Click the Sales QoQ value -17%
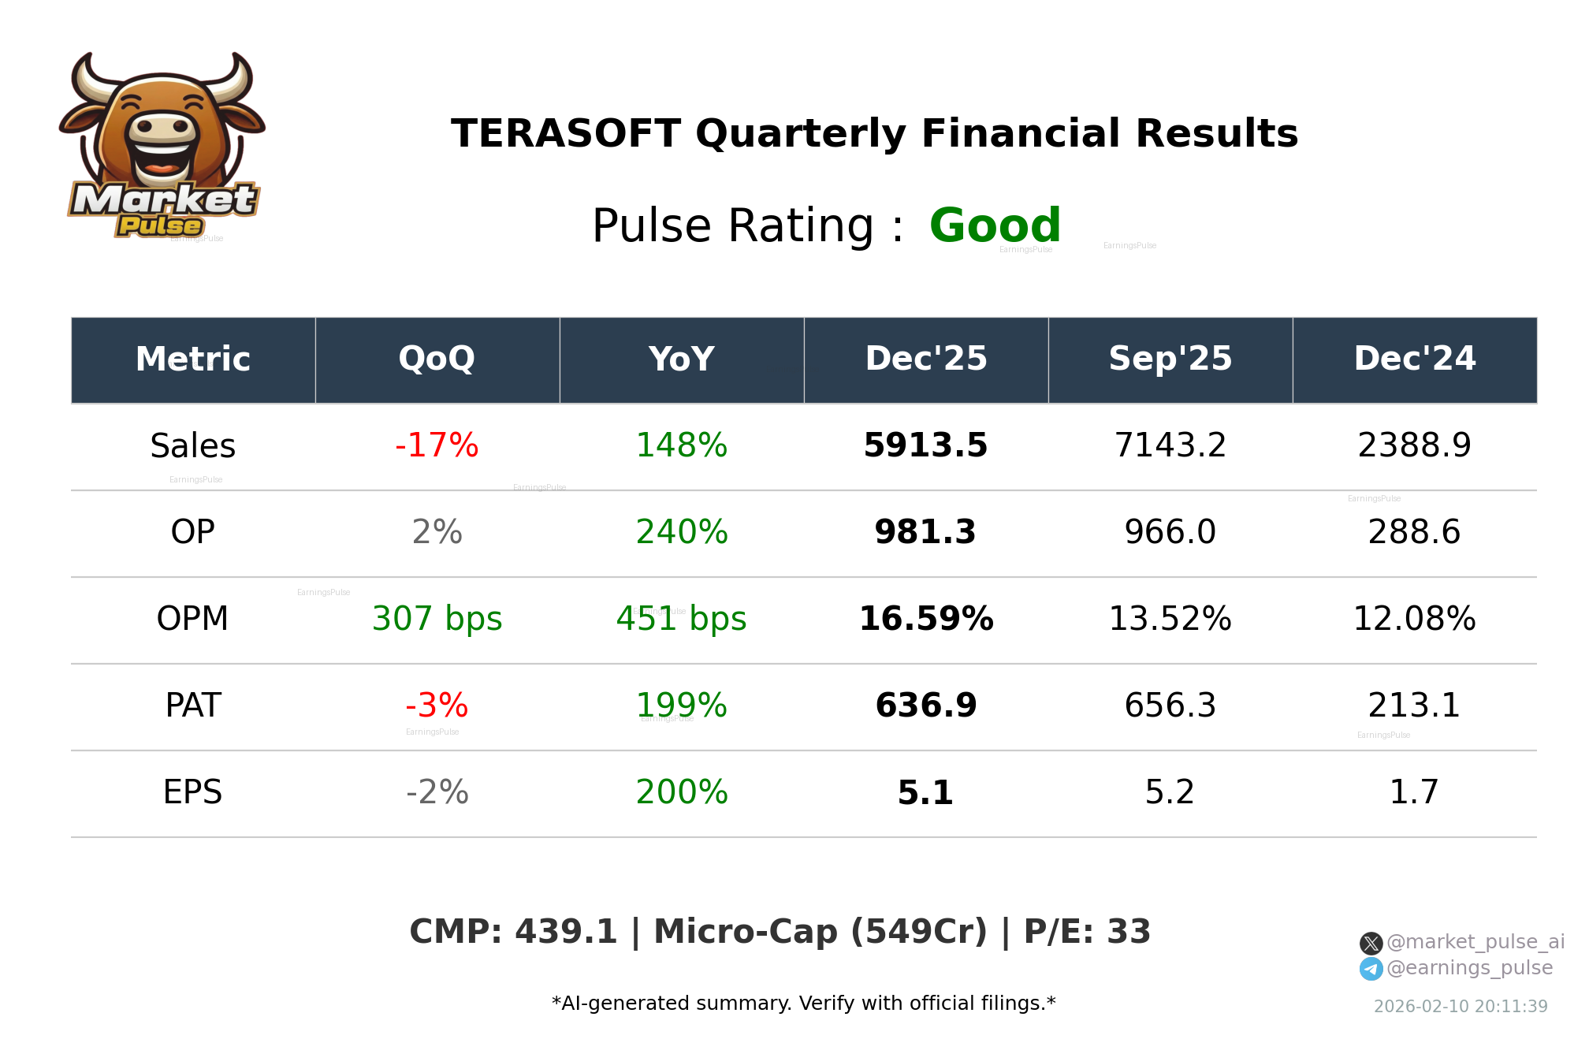437,445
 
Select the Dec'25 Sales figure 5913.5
925,445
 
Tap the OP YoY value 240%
681,532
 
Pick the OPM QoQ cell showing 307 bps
437,619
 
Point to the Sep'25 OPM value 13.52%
1170,619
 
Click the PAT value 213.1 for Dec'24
1414,706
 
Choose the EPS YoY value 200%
681,792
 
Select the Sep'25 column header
1170,359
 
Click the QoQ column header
437,359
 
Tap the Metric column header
193,359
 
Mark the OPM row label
193,619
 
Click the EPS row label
193,792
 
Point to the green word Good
995,226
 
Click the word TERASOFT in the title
565,134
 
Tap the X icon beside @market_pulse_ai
1371,943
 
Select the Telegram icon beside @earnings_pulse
1371,969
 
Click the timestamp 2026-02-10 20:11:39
1461,1007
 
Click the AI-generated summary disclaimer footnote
803,1004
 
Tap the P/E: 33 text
1087,933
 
